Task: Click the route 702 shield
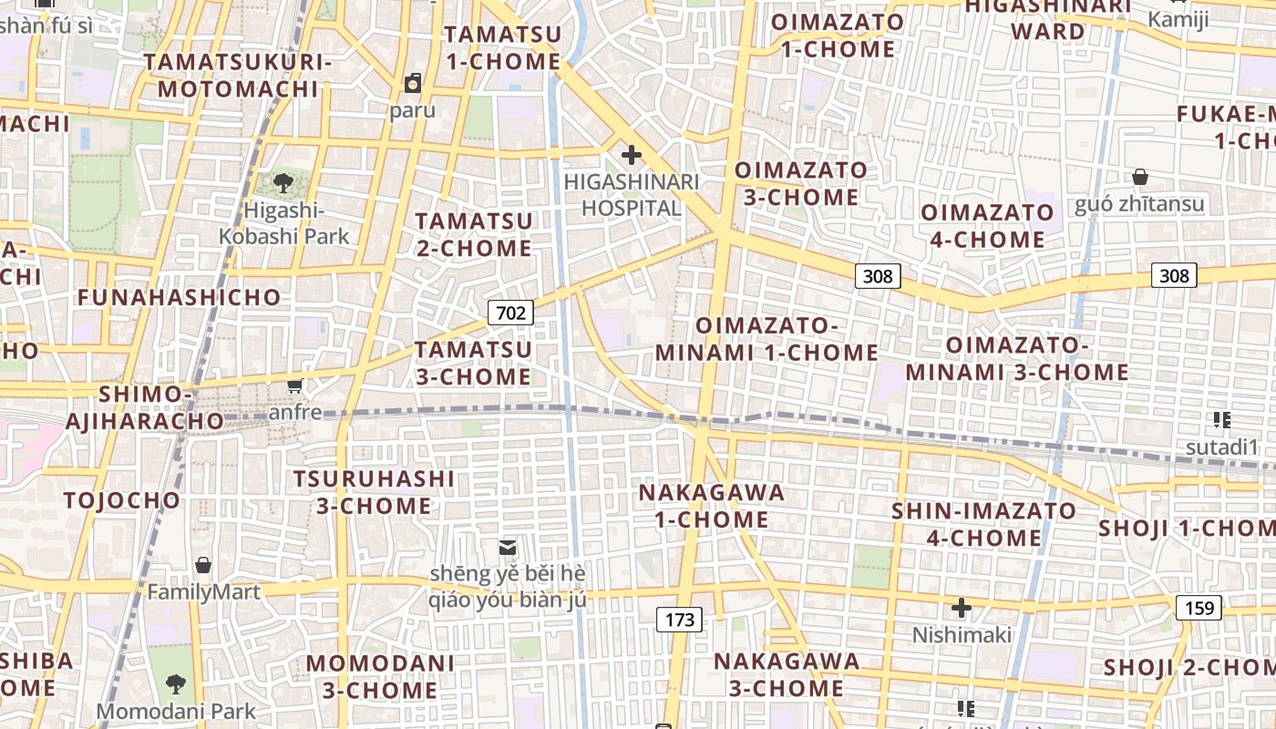coord(510,313)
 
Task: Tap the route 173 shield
coord(680,621)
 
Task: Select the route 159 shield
coord(1199,608)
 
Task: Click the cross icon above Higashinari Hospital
coord(631,155)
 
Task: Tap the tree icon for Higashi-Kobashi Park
coord(283,182)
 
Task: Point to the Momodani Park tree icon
coord(176,683)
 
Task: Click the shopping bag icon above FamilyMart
coord(203,565)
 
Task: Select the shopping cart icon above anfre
coord(294,386)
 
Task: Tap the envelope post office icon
coord(508,548)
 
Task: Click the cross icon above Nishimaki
coord(961,608)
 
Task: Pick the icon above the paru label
coord(413,84)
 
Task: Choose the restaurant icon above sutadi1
coord(1221,420)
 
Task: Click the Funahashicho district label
coord(180,297)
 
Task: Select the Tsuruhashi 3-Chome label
coord(374,492)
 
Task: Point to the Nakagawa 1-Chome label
coord(711,507)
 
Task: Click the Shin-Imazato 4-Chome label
coord(983,524)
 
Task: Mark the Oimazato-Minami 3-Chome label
coord(1017,359)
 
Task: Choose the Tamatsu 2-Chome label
coord(474,235)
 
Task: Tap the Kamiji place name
coord(1178,19)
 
